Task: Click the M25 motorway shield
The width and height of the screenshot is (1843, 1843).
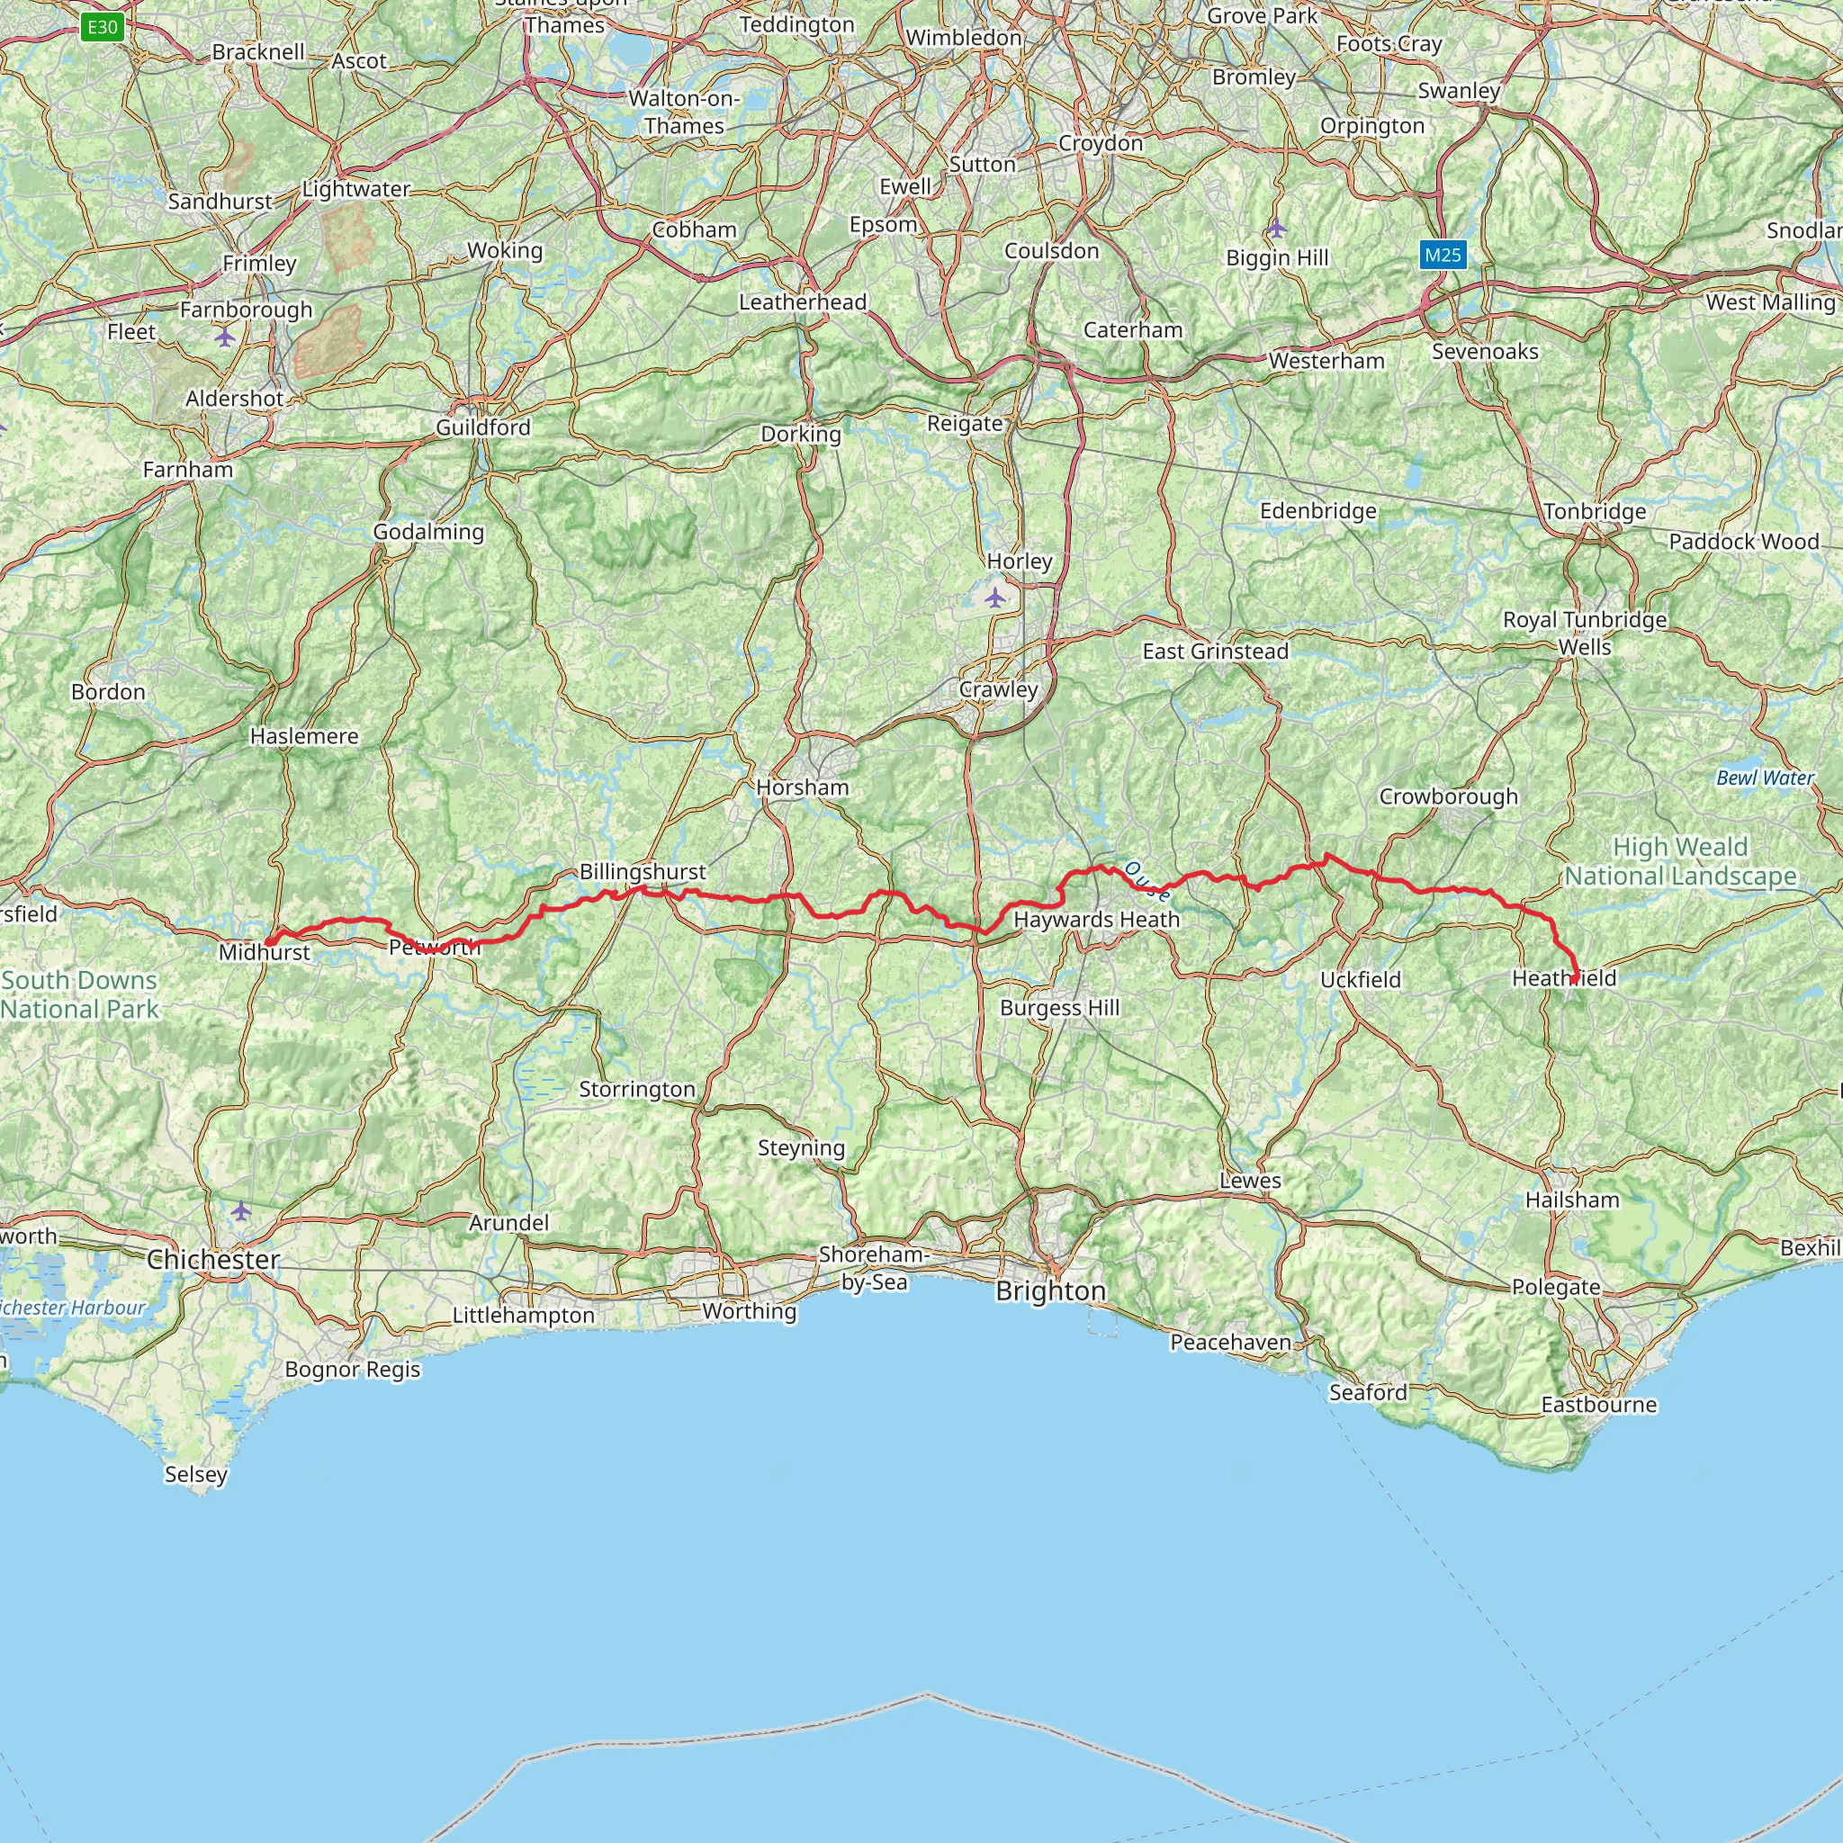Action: pos(1443,255)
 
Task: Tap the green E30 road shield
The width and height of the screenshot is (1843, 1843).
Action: pos(102,27)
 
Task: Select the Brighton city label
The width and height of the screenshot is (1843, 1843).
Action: pos(1050,1290)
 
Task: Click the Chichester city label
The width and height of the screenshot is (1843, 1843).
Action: pos(212,1259)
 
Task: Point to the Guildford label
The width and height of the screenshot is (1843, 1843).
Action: pos(482,427)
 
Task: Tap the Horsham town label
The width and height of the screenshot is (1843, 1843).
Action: pos(801,787)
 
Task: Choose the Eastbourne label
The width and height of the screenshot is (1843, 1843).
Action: pos(1599,1404)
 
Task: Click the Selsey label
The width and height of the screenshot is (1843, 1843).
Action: pos(195,1474)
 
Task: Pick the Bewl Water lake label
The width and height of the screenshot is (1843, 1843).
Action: pos(1765,778)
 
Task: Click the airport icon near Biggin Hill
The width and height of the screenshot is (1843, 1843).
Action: pos(1276,229)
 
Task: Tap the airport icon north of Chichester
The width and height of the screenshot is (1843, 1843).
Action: pos(240,1210)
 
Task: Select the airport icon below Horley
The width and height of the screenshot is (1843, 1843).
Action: pos(995,598)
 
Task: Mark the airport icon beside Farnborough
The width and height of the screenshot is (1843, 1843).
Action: pos(224,337)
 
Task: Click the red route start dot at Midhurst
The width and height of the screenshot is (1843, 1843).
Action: pos(270,941)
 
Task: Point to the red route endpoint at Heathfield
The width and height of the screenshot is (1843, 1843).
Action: pos(1574,980)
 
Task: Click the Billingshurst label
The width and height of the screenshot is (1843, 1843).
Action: pos(643,871)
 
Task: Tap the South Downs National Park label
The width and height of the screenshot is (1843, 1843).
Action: pos(79,994)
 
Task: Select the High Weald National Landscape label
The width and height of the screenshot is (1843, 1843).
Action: pos(1680,861)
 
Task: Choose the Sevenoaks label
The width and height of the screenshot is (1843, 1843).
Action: pos(1484,351)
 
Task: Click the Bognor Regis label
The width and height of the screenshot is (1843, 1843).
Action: pos(352,1369)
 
